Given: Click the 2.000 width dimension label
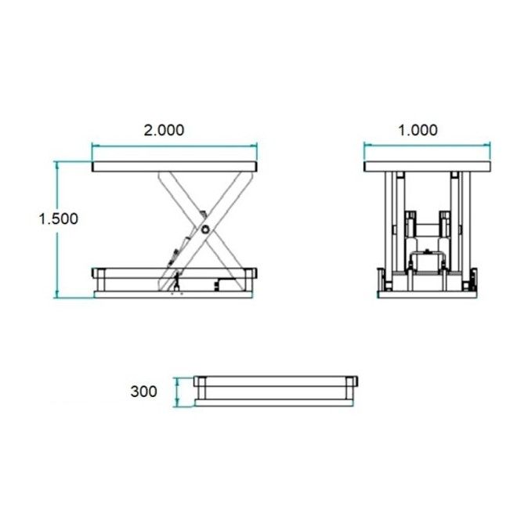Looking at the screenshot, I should (x=164, y=130).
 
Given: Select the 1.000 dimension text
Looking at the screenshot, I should (x=418, y=130).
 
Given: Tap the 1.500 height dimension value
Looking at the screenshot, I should (x=59, y=219).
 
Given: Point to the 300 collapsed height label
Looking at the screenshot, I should (x=144, y=391).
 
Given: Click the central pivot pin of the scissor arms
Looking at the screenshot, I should (x=204, y=229).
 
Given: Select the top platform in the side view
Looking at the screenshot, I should (x=174, y=166).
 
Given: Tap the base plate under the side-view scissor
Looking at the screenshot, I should (x=174, y=294).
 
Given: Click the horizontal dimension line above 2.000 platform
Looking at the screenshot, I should (x=174, y=145).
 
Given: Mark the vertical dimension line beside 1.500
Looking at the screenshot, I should (x=56, y=258).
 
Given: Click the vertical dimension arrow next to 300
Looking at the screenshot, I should (x=179, y=391).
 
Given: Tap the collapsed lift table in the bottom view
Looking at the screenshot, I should (x=277, y=390).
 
